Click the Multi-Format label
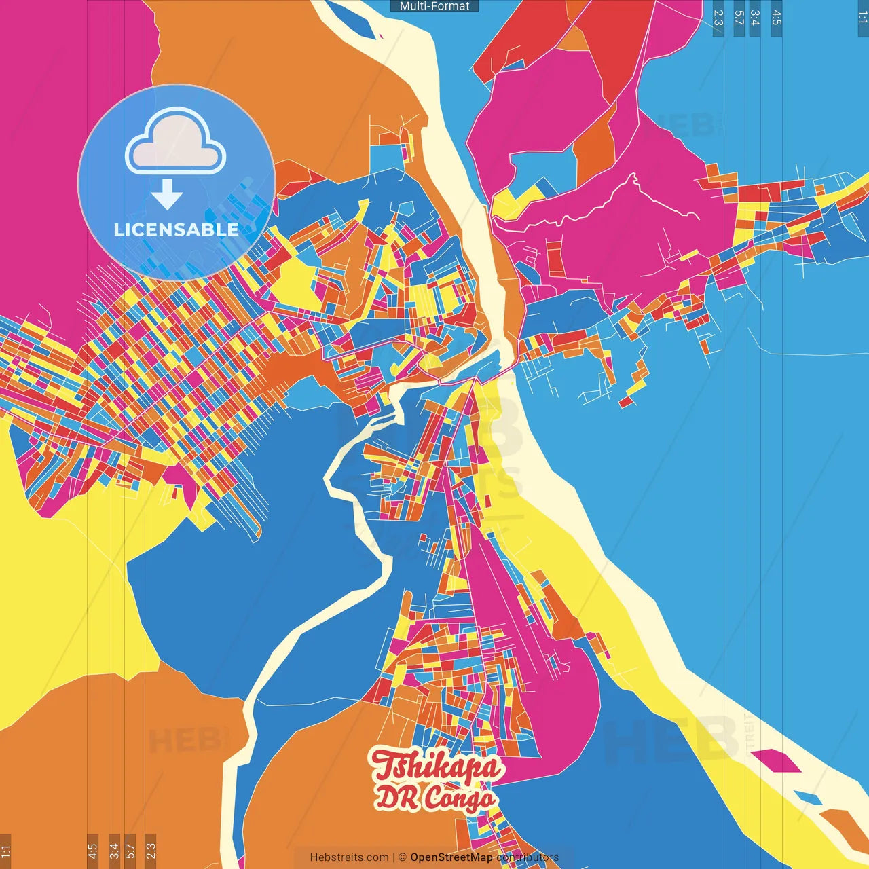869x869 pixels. click(x=434, y=6)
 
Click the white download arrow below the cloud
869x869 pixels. click(x=167, y=196)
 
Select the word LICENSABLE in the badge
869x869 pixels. click(x=176, y=229)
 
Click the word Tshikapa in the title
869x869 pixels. click(x=437, y=766)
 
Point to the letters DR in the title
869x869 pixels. click(x=397, y=798)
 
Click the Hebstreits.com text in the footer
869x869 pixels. click(x=349, y=857)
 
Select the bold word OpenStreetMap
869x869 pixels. click(x=451, y=857)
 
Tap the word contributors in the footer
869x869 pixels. click(x=528, y=857)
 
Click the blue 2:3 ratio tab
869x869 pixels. click(x=718, y=18)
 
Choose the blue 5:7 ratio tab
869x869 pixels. click(x=739, y=18)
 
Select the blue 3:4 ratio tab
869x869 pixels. click(x=755, y=18)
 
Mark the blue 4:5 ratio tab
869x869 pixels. click(x=777, y=18)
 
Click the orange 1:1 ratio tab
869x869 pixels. click(x=5, y=851)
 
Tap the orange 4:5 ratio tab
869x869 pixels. click(x=92, y=851)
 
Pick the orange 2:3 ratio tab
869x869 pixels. click(x=151, y=851)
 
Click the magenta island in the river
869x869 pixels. click(x=776, y=760)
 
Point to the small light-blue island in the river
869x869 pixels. click(x=807, y=797)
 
